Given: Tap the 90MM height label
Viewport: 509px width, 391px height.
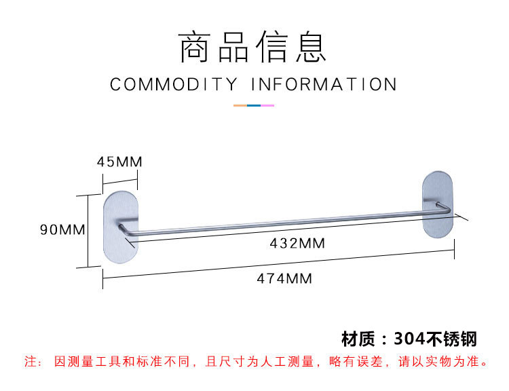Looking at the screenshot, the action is (x=62, y=229).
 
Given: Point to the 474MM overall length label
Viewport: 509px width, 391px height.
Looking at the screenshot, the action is (x=284, y=278).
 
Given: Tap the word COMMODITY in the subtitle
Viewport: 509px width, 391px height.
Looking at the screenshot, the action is (x=174, y=85).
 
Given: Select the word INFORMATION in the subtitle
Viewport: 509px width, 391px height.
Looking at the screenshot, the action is (x=324, y=85).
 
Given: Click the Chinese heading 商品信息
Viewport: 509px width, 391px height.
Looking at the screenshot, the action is (x=253, y=48).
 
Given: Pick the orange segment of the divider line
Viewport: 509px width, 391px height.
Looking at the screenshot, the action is (x=240, y=105).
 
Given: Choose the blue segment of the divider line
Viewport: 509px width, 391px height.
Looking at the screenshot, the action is (x=254, y=105).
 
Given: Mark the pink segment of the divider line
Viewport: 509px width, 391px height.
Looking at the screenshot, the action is (x=267, y=105).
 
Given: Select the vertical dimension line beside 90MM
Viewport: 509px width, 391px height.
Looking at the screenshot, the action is (x=88, y=231).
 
